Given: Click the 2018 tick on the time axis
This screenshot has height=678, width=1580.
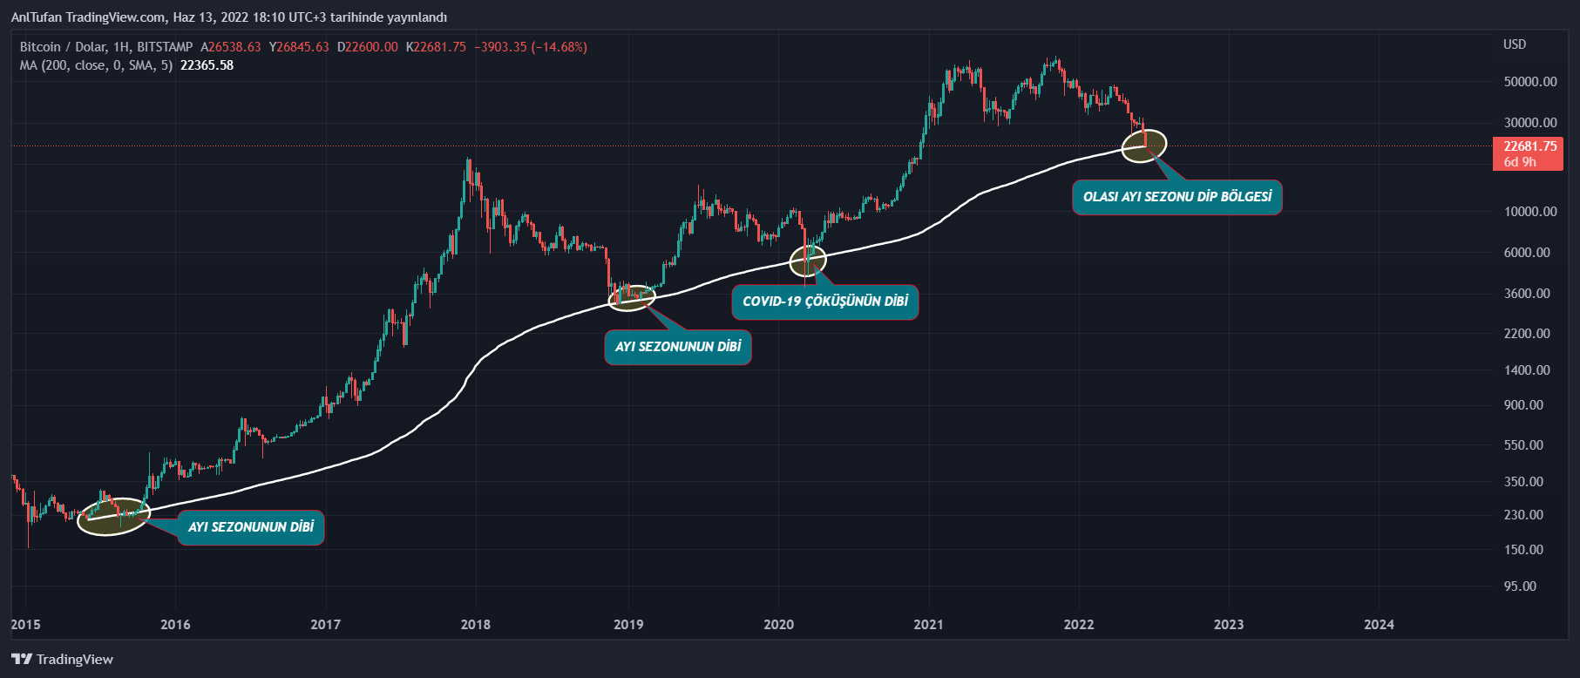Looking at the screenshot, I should pyautogui.click(x=475, y=624).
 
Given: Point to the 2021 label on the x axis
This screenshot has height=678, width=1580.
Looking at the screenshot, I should pyautogui.click(x=928, y=624).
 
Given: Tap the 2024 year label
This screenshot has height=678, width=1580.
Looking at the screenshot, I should pyautogui.click(x=1378, y=624).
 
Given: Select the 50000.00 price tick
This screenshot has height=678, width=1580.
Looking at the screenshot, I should pyautogui.click(x=1530, y=82).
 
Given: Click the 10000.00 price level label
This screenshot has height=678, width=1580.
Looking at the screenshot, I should pyautogui.click(x=1530, y=212).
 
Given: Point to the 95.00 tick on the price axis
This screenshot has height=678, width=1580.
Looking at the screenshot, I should pyautogui.click(x=1520, y=586).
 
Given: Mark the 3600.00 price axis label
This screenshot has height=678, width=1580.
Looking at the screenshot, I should pyautogui.click(x=1527, y=294).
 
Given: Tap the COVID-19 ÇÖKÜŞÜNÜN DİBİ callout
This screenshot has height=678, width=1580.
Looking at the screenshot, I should pyautogui.click(x=824, y=302).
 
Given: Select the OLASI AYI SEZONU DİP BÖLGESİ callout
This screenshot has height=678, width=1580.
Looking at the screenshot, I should pyautogui.click(x=1177, y=197).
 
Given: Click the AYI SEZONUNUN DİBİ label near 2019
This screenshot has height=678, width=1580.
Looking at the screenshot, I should pyautogui.click(x=678, y=347).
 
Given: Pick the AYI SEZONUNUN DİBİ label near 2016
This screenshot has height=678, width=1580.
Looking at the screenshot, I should pyautogui.click(x=251, y=527).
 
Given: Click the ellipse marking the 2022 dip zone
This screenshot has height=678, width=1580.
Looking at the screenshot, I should pyautogui.click(x=1143, y=146).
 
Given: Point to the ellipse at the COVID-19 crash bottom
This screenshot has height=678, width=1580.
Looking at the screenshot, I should pyautogui.click(x=808, y=261).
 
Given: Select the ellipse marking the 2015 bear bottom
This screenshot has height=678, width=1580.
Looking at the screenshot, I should pyautogui.click(x=113, y=517).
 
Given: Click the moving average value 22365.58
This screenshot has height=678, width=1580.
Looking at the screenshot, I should pyautogui.click(x=207, y=65).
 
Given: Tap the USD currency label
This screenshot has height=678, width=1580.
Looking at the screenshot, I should pyautogui.click(x=1515, y=44).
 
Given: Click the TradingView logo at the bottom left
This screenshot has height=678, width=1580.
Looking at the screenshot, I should pyautogui.click(x=62, y=659).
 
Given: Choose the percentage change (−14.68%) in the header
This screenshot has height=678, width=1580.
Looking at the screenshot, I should pyautogui.click(x=559, y=47).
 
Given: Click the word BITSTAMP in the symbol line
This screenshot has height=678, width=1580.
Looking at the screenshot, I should pyautogui.click(x=165, y=47).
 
